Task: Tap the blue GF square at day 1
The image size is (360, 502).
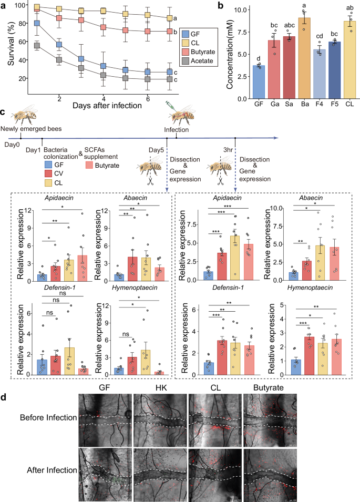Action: [x=37, y=23]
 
